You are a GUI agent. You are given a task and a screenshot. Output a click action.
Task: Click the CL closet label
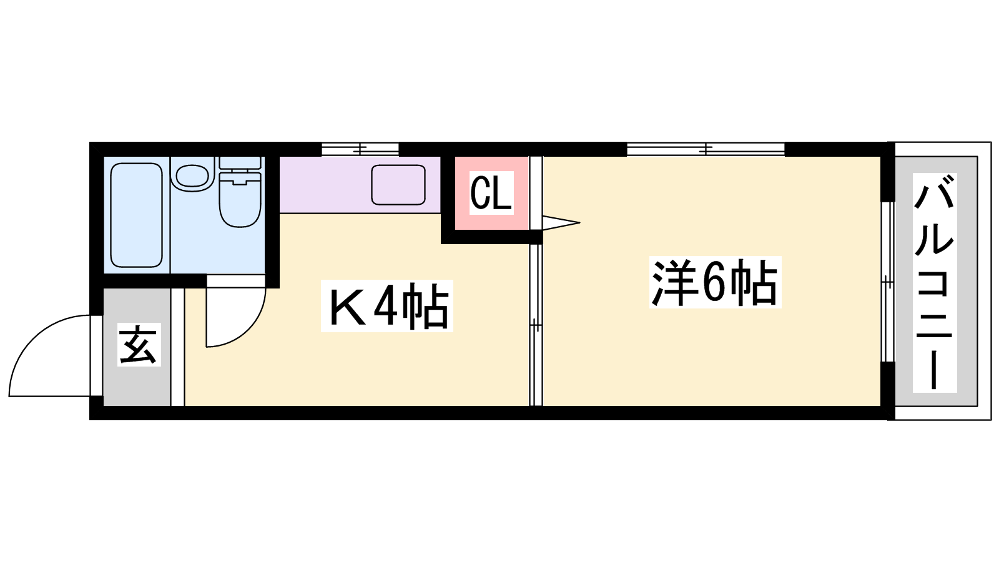(x=491, y=193)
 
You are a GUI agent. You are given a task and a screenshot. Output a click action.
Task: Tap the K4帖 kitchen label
(x=387, y=306)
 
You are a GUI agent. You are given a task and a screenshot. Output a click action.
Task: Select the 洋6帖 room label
(x=716, y=282)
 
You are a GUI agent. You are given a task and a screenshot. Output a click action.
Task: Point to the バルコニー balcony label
(x=934, y=283)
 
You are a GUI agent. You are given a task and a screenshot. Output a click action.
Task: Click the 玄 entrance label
(x=139, y=345)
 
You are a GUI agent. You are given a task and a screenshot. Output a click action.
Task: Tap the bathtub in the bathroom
(x=136, y=215)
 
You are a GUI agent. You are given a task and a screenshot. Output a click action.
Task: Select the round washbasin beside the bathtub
(x=192, y=175)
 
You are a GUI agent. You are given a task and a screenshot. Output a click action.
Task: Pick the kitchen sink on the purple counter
(x=398, y=185)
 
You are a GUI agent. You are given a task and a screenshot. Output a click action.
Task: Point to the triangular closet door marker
(x=561, y=222)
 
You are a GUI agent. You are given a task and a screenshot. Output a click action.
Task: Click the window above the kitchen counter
(x=360, y=149)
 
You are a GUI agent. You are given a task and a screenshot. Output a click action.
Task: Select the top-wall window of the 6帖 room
(x=706, y=149)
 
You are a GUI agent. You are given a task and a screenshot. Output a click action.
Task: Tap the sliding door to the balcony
(x=888, y=282)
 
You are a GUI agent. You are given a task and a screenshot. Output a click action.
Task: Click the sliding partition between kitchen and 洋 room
(x=536, y=325)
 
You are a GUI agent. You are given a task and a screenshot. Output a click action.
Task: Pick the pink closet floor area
(x=491, y=193)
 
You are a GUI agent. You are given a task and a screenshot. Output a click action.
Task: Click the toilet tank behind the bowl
(x=240, y=163)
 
